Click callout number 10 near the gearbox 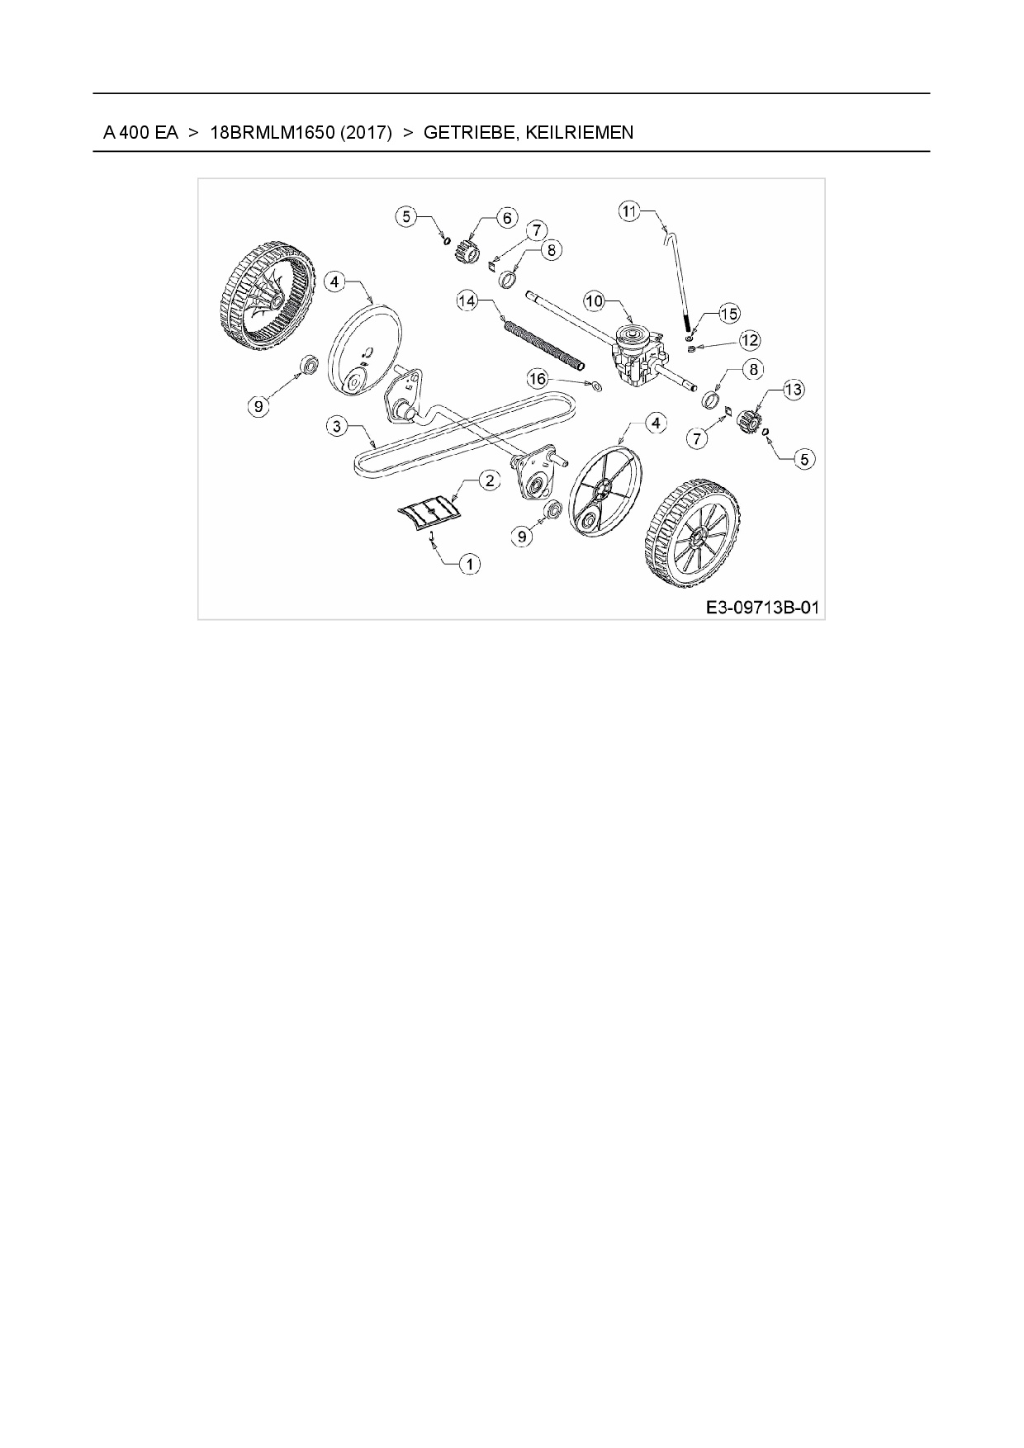click(595, 301)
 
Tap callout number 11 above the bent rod click(630, 211)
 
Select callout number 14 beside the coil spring click(467, 301)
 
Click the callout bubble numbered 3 click(336, 426)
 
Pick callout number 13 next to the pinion click(793, 390)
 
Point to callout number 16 click(538, 378)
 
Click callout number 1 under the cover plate click(469, 564)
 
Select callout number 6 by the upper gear click(506, 218)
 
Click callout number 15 click(729, 314)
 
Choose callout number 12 click(749, 340)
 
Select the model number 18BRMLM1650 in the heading click(270, 132)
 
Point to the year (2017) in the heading click(364, 132)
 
